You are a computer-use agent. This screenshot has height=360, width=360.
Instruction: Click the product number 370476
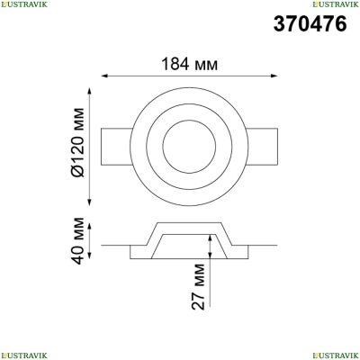[x=310, y=23]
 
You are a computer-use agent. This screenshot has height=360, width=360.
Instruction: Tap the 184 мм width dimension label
[x=190, y=64]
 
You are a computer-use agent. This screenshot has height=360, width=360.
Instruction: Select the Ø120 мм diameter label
[x=78, y=142]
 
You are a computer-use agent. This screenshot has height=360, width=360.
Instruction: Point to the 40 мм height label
[x=78, y=241]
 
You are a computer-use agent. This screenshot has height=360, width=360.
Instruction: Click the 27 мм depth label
[x=198, y=286]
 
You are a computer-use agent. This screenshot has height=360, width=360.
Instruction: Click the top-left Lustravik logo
[x=23, y=4]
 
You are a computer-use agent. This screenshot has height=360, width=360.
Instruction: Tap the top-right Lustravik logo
[x=336, y=4]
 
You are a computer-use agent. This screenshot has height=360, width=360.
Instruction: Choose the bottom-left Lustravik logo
[x=23, y=355]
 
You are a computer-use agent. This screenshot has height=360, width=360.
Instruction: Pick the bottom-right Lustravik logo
[x=336, y=355]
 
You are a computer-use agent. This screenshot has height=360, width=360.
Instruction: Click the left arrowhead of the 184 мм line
[x=104, y=76]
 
